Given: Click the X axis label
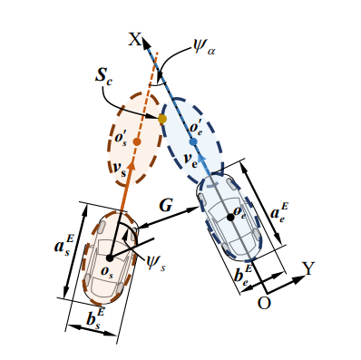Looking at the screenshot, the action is click(x=135, y=39).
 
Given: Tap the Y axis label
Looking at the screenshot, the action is click(x=309, y=268).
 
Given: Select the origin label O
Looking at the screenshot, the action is click(x=264, y=303).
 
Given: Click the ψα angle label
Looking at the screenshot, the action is click(x=204, y=47).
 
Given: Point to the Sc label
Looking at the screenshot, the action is click(x=104, y=75).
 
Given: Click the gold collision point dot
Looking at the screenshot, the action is click(x=162, y=119).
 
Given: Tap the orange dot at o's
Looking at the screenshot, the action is click(x=137, y=141).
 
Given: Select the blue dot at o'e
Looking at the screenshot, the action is click(x=193, y=141).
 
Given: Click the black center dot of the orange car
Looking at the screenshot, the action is click(x=110, y=258).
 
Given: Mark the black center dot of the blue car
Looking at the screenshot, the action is click(x=230, y=217).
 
